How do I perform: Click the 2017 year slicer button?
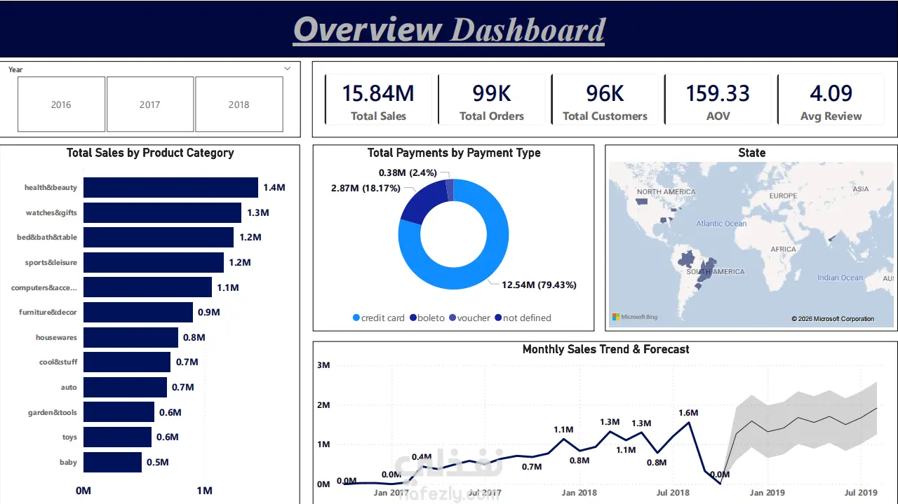pos(150,104)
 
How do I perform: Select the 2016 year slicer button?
pos(61,104)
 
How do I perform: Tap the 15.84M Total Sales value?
pos(378,93)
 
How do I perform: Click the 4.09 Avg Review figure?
pos(831,93)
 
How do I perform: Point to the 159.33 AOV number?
pos(718,93)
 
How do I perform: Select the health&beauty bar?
pos(170,187)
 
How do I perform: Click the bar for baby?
pos(112,462)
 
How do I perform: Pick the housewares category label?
pos(56,337)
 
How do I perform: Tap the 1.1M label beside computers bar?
pos(228,287)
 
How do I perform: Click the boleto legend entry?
pos(427,318)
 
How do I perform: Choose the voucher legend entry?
pos(469,318)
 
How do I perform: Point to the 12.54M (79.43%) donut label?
pos(539,285)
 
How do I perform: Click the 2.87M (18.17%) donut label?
pos(366,188)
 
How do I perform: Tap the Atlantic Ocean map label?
pos(721,224)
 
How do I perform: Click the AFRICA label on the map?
pos(784,249)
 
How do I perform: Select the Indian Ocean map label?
pos(840,278)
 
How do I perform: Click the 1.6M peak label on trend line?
pos(688,413)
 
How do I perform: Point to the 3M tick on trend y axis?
pos(323,365)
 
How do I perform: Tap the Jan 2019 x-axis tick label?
pos(768,492)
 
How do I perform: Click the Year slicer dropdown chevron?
pos(288,69)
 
